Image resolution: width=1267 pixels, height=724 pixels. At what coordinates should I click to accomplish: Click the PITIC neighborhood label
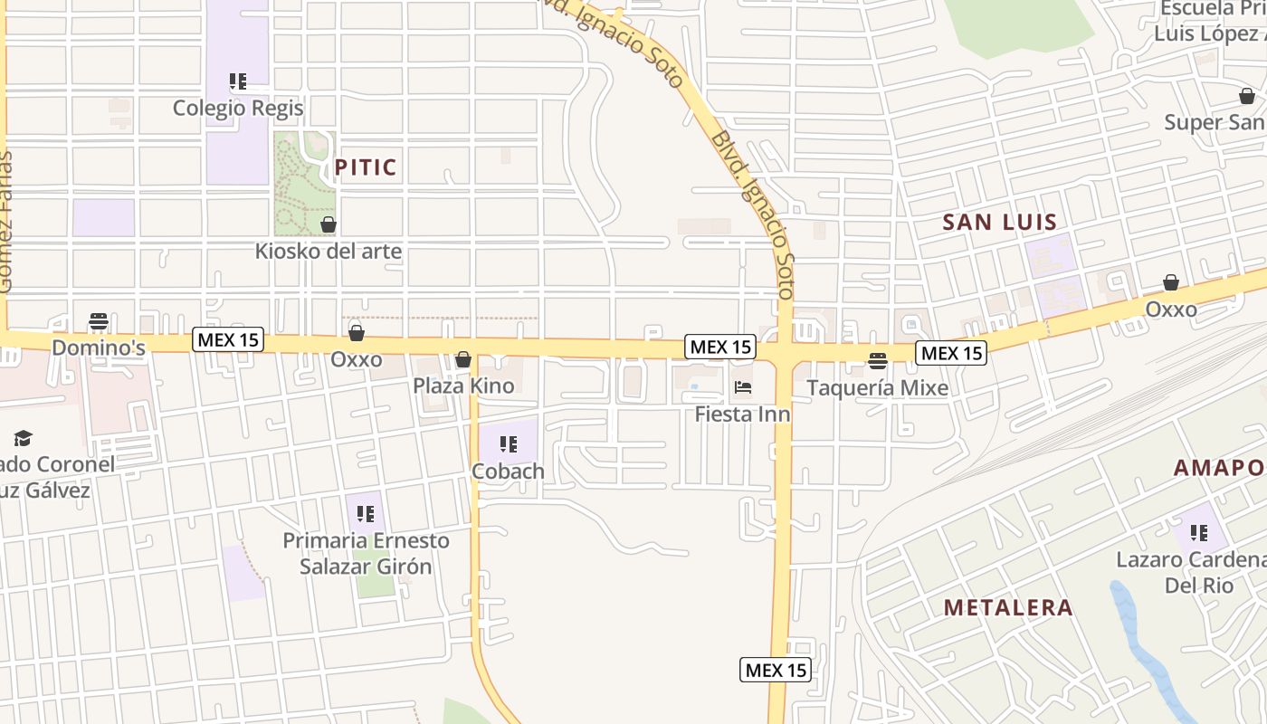point(366,167)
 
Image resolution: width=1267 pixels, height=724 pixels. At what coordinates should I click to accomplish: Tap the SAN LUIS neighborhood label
point(1000,223)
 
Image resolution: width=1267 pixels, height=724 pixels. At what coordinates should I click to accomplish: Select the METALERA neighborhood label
point(1008,607)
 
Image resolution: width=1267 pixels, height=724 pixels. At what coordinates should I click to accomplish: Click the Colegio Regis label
point(238,109)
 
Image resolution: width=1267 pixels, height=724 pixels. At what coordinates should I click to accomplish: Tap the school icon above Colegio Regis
point(238,82)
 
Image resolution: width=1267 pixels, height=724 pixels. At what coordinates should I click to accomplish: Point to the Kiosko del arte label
point(328,251)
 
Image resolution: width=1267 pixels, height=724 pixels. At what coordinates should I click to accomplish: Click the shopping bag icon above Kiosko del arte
point(329,224)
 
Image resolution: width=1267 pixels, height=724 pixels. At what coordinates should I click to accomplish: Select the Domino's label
point(99,348)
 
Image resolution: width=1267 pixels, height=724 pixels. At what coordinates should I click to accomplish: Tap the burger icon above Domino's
point(99,321)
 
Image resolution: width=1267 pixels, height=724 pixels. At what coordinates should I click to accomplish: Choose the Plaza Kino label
point(463,386)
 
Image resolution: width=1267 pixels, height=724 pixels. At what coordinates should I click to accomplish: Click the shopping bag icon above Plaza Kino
point(463,360)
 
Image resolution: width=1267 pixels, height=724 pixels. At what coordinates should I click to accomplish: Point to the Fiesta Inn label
point(742,414)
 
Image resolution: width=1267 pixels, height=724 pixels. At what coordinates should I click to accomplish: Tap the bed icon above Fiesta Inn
point(743,388)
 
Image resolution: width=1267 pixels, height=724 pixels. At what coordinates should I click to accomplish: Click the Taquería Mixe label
point(877,388)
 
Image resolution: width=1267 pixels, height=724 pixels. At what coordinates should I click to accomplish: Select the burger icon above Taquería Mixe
point(877,362)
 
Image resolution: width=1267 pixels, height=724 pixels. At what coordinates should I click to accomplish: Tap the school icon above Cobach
point(509,444)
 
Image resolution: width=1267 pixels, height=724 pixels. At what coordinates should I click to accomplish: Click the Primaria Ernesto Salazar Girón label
point(366,553)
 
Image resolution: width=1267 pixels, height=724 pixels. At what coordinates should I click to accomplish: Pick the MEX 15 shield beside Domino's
point(228,340)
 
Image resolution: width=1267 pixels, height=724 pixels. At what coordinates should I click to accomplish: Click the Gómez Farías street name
point(6,222)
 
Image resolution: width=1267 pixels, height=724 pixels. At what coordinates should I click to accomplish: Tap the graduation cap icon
point(23,439)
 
